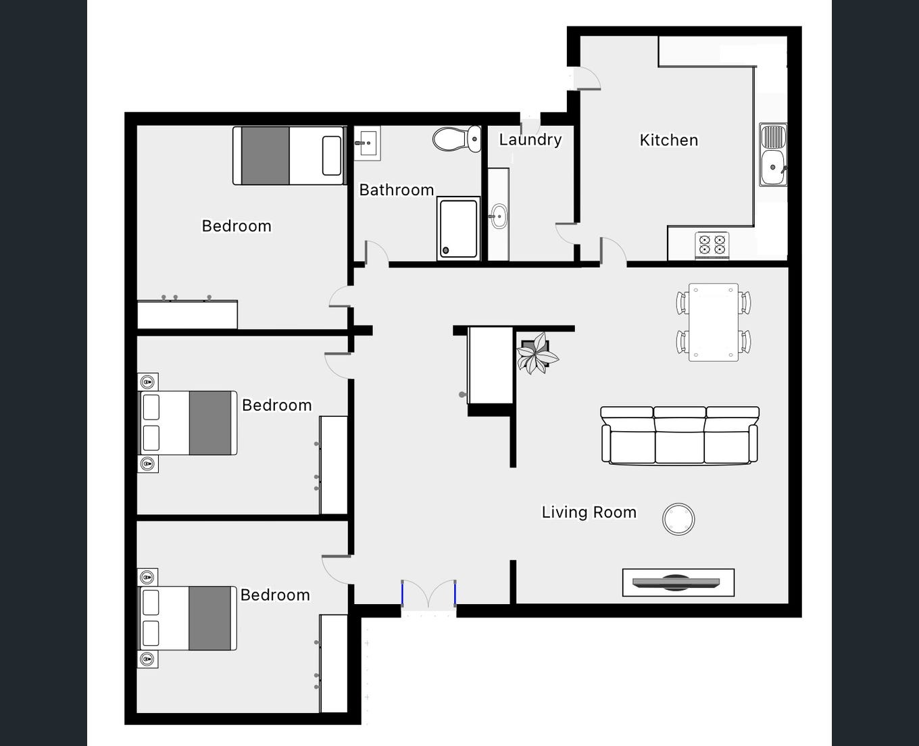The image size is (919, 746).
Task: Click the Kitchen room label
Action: tap(669, 141)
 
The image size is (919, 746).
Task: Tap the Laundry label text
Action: tap(530, 140)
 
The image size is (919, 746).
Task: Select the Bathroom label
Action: tap(397, 190)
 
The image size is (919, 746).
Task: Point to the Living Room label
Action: tap(589, 512)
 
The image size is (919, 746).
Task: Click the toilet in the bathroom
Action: tap(457, 139)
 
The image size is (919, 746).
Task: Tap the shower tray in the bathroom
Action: tap(458, 228)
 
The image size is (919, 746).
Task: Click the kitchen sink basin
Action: tap(773, 167)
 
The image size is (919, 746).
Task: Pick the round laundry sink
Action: tap(499, 216)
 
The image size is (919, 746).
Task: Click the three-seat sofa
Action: tap(680, 435)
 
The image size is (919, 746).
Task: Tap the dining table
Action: tap(713, 322)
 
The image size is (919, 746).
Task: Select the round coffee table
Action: tap(678, 519)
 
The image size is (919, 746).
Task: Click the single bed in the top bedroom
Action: tap(289, 156)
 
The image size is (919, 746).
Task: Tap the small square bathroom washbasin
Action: tap(367, 143)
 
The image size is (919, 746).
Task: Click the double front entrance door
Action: tap(428, 594)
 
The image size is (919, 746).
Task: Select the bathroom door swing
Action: tap(376, 253)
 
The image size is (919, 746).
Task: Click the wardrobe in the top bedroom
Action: tap(187, 314)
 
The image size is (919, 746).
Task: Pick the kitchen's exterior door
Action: tap(587, 78)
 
